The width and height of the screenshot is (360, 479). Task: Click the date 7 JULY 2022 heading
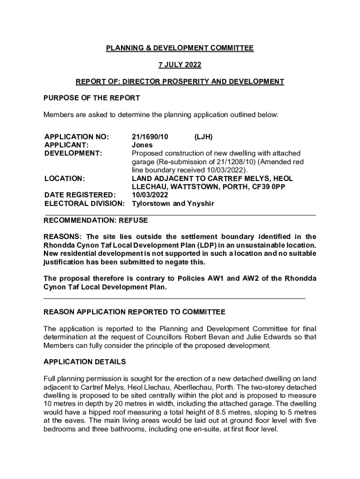180,65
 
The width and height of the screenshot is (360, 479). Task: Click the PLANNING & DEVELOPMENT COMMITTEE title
180,48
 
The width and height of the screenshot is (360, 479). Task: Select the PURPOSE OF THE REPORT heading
92,98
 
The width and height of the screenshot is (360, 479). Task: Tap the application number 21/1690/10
150,137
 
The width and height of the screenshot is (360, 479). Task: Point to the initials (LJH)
203,137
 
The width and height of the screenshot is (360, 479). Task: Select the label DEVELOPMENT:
73,153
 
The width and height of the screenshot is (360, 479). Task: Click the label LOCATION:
65,179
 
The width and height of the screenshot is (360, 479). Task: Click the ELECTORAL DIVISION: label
85,204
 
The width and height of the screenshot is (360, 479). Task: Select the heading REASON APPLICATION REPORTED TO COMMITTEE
134,312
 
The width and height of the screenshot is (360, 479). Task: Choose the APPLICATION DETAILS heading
85,362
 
